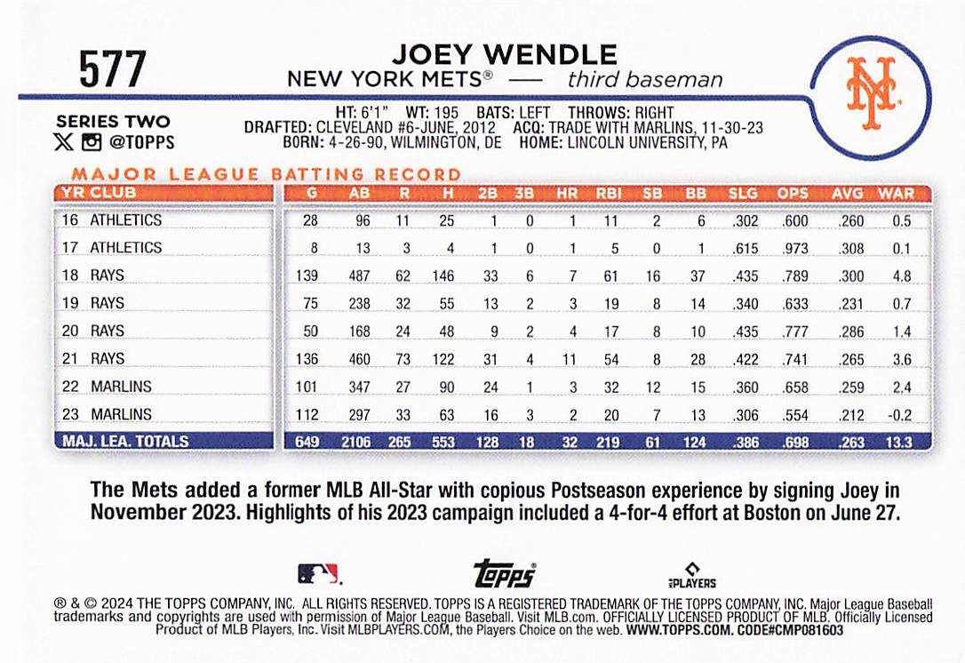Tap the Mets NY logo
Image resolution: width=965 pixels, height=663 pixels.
tap(871, 94)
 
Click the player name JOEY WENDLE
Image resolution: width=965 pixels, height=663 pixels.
tap(504, 55)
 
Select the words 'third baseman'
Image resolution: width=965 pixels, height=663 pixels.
tap(645, 80)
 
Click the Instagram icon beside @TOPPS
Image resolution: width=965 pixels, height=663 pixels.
tap(91, 142)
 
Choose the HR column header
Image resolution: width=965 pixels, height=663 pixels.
tap(566, 193)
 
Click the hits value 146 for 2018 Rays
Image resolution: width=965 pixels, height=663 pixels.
tap(443, 276)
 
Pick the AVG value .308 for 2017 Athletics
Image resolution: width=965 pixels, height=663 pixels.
tap(850, 248)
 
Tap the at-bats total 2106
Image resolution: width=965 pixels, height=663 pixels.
tap(359, 441)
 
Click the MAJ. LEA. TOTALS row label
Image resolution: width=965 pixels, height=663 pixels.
tap(124, 441)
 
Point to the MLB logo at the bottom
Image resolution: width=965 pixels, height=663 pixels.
tap(317, 573)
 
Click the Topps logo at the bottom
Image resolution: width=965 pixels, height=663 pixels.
tap(504, 573)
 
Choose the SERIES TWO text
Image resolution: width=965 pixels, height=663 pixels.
tap(113, 122)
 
